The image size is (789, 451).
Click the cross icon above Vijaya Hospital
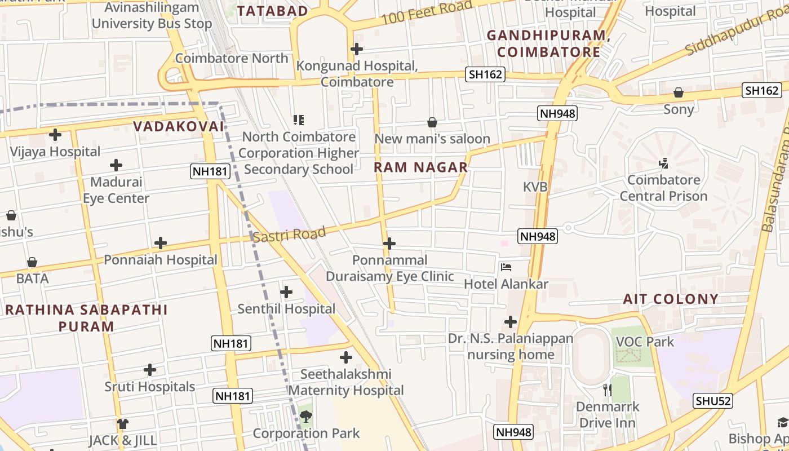click(x=55, y=135)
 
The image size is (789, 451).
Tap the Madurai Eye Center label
click(x=116, y=190)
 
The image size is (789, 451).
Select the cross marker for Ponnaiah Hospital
click(x=161, y=243)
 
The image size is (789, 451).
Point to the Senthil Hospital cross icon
click(x=286, y=292)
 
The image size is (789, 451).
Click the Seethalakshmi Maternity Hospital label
click(x=346, y=382)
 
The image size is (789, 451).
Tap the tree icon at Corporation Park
click(x=306, y=417)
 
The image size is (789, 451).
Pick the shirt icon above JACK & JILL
click(x=123, y=423)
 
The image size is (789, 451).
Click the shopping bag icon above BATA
click(x=32, y=262)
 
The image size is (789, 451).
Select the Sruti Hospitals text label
click(x=150, y=387)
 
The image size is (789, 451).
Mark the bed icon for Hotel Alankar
click(x=506, y=267)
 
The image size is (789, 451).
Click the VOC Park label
click(x=645, y=342)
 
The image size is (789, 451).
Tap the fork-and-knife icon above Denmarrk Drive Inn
click(x=607, y=390)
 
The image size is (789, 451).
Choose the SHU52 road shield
click(x=713, y=401)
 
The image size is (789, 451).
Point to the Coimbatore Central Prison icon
click(x=663, y=163)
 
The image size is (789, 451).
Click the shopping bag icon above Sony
click(x=679, y=92)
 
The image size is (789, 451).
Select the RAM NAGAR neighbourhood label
click(x=421, y=167)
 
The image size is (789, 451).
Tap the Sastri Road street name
click(x=289, y=234)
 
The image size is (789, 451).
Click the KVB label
click(x=535, y=187)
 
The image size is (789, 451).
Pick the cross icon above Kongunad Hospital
click(x=357, y=49)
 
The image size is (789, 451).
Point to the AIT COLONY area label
click(x=671, y=299)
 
